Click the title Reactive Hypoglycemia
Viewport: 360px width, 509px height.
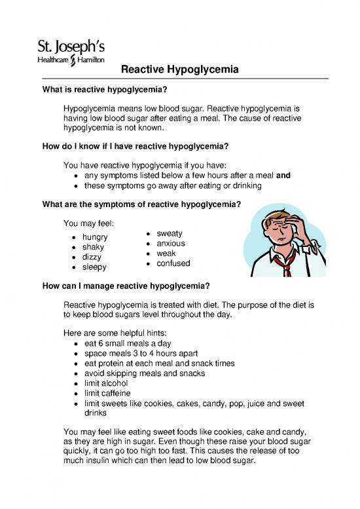(179, 69)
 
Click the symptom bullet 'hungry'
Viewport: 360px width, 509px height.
(96, 236)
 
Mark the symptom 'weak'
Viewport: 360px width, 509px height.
(167, 253)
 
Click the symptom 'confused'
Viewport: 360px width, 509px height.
(173, 263)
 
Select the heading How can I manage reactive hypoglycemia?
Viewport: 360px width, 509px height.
(126, 286)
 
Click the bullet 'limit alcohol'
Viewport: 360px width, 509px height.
(111, 383)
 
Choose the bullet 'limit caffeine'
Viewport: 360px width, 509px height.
(112, 393)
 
